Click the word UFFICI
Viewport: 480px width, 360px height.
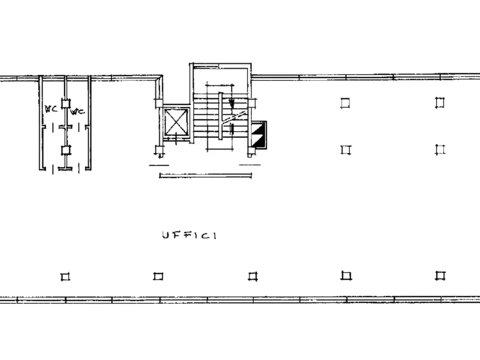click(189, 235)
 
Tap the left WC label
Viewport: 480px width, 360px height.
click(51, 109)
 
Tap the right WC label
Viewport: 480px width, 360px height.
click(78, 112)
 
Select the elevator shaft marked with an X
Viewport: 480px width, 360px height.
click(176, 122)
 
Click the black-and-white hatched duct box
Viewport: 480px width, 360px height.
click(258, 135)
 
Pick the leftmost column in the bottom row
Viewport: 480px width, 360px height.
click(65, 277)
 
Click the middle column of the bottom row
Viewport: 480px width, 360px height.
click(253, 276)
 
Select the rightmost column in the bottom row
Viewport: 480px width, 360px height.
click(440, 276)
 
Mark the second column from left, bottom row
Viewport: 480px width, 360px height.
click(158, 276)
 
